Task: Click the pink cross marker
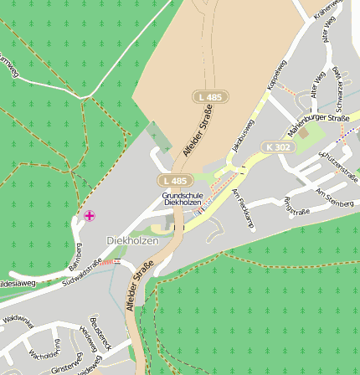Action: [x=89, y=216]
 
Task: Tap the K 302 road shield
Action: [x=279, y=147]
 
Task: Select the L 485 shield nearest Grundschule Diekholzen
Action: [x=175, y=181]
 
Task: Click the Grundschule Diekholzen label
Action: [x=183, y=199]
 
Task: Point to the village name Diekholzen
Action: [x=132, y=241]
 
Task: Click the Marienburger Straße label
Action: [x=318, y=125]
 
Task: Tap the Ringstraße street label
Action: [x=296, y=206]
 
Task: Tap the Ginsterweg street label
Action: [x=67, y=364]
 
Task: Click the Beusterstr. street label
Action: [x=100, y=333]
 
